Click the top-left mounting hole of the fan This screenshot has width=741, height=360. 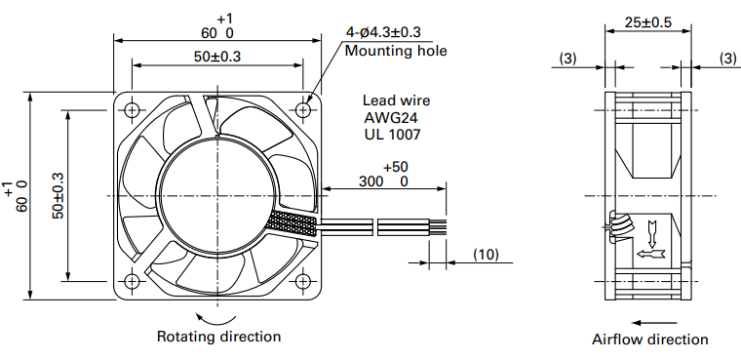click(x=132, y=110)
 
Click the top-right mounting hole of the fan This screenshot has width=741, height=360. click(x=303, y=110)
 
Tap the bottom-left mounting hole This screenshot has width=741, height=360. click(x=132, y=282)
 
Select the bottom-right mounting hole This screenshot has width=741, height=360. click(x=303, y=282)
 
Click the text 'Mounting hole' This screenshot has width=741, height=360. click(x=396, y=51)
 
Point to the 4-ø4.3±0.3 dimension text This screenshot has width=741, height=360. click(x=383, y=32)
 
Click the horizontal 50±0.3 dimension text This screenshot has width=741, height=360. click(x=216, y=57)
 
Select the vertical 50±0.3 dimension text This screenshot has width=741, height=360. click(x=58, y=195)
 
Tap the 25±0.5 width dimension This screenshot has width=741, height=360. click(x=648, y=22)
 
